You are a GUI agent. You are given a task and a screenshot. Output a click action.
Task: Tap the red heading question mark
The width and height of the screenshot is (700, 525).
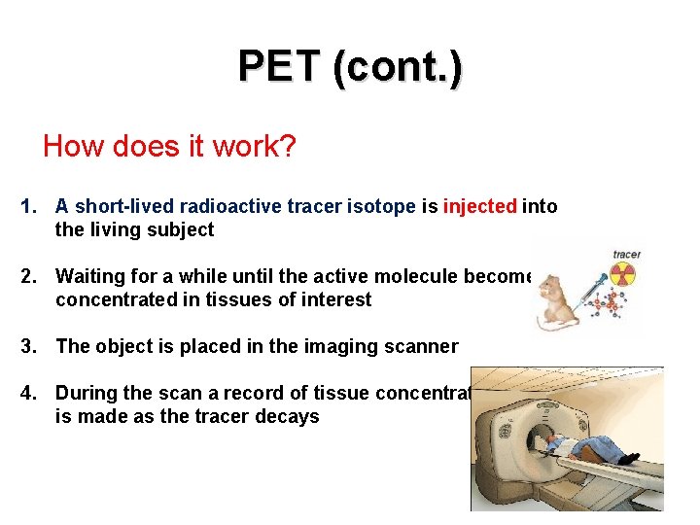(289, 147)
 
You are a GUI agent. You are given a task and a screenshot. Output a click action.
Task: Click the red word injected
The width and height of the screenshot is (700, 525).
(479, 206)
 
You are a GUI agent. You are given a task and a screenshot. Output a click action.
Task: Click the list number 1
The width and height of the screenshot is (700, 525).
(29, 206)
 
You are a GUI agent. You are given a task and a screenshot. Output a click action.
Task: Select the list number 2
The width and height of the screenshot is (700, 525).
(29, 277)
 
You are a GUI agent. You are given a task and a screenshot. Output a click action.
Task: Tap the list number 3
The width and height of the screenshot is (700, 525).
(29, 346)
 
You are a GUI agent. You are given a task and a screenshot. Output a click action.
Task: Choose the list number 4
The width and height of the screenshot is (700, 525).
(29, 393)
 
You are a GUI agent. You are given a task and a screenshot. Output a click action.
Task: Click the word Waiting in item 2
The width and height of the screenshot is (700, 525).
(89, 277)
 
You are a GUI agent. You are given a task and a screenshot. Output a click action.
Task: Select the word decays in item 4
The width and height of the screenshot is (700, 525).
(289, 417)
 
